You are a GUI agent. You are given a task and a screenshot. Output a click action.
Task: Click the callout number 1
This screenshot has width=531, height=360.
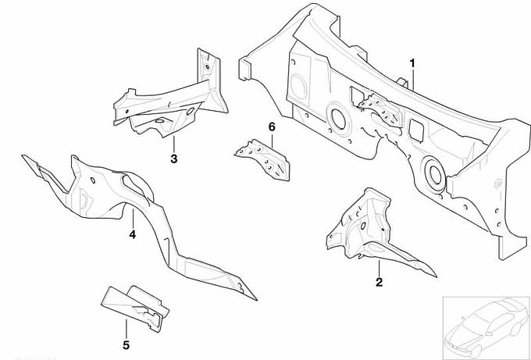412,63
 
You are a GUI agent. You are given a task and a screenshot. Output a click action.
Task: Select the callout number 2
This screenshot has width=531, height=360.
379,282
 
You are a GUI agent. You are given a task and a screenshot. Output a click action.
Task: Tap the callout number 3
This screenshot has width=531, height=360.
173,159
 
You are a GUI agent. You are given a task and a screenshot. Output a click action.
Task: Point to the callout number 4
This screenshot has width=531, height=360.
133,234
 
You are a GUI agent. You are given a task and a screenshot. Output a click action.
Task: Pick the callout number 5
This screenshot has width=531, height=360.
126,345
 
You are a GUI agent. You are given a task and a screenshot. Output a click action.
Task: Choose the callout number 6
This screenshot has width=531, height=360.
272,127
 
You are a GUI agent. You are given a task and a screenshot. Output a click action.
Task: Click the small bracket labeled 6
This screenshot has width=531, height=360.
263,159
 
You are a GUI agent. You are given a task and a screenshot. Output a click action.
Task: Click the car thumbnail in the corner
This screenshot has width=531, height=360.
486,327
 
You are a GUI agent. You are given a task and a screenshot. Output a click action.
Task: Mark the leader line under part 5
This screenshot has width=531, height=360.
127,330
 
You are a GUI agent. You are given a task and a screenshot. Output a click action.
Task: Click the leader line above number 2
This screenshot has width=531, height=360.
379,268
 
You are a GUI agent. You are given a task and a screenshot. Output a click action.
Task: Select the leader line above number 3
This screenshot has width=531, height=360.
174,144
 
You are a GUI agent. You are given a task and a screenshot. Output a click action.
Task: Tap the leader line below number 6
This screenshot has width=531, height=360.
272,141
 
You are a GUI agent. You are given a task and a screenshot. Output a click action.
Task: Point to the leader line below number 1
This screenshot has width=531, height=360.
413,79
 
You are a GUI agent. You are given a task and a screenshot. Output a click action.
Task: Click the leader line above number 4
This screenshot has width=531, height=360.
133,219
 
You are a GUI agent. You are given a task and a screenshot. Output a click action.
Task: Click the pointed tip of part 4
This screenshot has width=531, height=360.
257,300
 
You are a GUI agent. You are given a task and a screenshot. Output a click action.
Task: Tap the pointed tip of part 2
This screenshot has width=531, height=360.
437,277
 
